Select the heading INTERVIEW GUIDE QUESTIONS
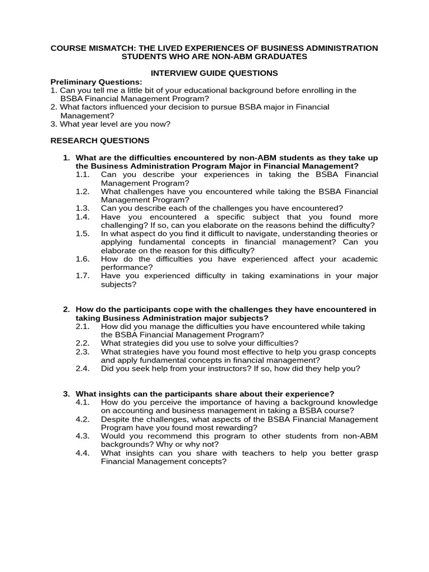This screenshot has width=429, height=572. pos(214,73)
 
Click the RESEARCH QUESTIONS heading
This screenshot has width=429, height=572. pos(99,141)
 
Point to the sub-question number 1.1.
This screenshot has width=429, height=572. pos(83,174)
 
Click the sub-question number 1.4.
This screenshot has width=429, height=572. pos(83,217)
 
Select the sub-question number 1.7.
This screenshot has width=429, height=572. pos(83,275)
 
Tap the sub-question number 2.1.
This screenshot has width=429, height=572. pos(83,326)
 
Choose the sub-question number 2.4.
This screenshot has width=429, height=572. pos(83,369)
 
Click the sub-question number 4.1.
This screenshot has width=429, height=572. pos(83,402)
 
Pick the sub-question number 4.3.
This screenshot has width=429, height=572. pos(83,436)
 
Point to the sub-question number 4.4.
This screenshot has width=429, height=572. pos(83,453)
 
